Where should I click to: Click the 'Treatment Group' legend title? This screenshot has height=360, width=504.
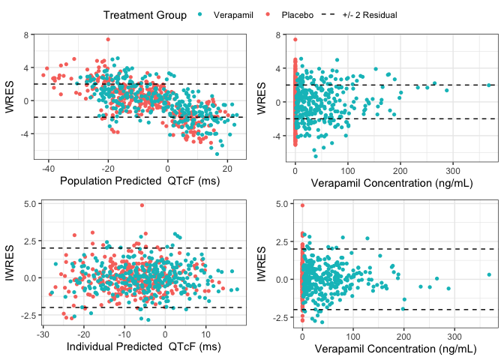(145, 15)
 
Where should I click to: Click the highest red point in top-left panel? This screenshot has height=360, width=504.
(108, 39)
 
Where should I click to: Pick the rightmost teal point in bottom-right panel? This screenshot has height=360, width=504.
(488, 274)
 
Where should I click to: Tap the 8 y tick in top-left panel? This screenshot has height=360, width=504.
(27, 34)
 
